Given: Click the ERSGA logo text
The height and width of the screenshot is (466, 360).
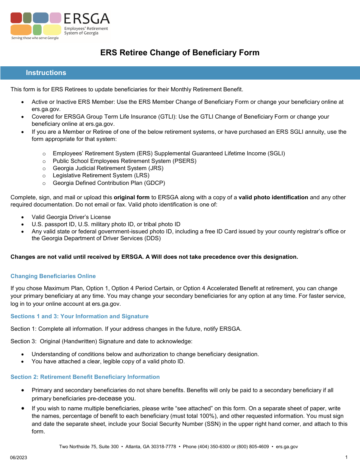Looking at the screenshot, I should click(x=86, y=19).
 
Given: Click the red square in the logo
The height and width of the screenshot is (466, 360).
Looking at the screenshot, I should click(x=16, y=18).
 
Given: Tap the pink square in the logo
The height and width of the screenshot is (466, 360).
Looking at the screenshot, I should click(x=55, y=18).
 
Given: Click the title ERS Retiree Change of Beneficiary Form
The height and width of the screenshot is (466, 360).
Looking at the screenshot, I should click(x=180, y=53).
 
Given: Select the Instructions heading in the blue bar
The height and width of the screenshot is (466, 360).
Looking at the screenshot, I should click(x=46, y=73).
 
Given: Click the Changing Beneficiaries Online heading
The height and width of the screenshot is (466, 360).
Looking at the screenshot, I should click(x=53, y=276).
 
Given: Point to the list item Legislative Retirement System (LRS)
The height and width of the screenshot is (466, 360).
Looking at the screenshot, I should click(x=101, y=175).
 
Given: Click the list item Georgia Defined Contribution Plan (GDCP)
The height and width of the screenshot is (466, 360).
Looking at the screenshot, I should click(x=109, y=183).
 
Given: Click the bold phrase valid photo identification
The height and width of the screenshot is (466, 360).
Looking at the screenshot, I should click(x=273, y=197).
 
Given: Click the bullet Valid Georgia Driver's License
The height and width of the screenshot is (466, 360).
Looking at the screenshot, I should click(x=71, y=217).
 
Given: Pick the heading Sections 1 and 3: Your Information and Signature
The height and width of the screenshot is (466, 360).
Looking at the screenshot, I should click(x=80, y=316).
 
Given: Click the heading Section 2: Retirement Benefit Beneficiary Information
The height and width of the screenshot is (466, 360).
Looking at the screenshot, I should click(x=85, y=377).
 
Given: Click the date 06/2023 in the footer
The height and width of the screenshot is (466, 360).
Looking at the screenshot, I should click(x=19, y=458).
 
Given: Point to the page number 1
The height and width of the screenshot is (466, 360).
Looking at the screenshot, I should click(x=346, y=457).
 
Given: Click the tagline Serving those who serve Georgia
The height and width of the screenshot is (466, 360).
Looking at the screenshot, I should click(x=35, y=38).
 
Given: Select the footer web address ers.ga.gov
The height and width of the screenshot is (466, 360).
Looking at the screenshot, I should click(x=287, y=447).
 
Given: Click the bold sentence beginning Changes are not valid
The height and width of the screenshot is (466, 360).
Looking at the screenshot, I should click(x=154, y=257).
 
